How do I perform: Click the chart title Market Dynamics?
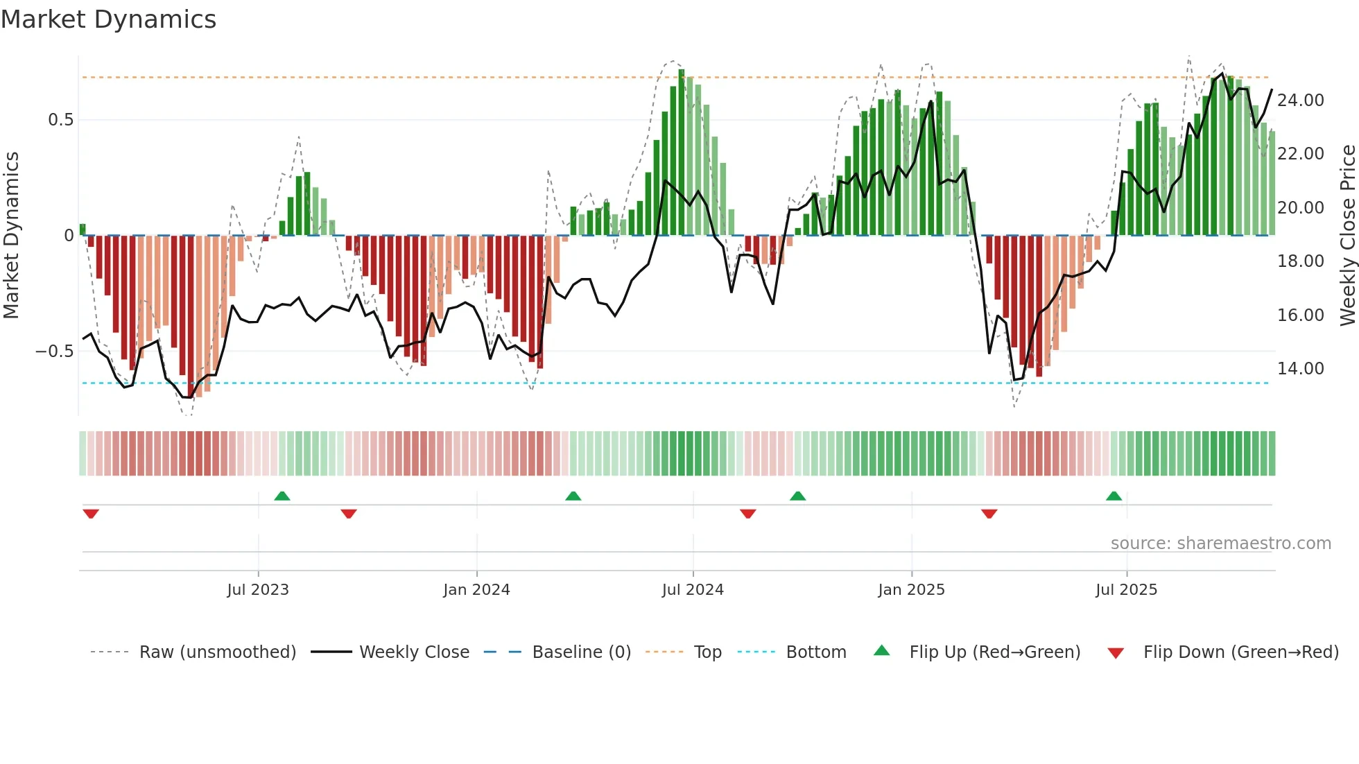tap(108, 19)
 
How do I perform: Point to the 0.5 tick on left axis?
tap(60, 120)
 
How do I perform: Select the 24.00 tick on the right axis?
tap(1300, 101)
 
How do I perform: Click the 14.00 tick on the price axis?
tap(1300, 369)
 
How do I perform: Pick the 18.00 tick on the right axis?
tap(1300, 261)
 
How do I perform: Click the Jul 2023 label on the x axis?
tap(257, 590)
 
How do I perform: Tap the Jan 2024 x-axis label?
tap(476, 590)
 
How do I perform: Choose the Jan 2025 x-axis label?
tap(911, 590)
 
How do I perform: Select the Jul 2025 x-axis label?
tap(1126, 590)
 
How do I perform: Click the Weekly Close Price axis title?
tap(1347, 236)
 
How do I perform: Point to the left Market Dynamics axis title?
tap(11, 236)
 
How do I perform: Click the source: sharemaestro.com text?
tap(1220, 544)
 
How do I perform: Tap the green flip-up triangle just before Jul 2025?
tap(1114, 496)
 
